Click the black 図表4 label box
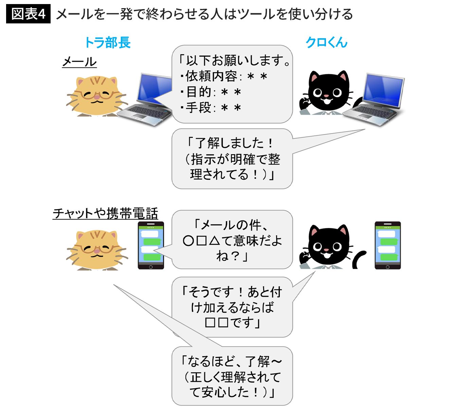pos(28,14)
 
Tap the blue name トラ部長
pos(107,43)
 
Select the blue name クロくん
pos(326,43)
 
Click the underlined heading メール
pos(79,62)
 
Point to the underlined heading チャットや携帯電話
pos(105,213)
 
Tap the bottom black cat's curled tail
pos(359,259)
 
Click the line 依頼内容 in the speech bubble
pos(224,76)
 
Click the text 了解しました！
pos(231,143)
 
